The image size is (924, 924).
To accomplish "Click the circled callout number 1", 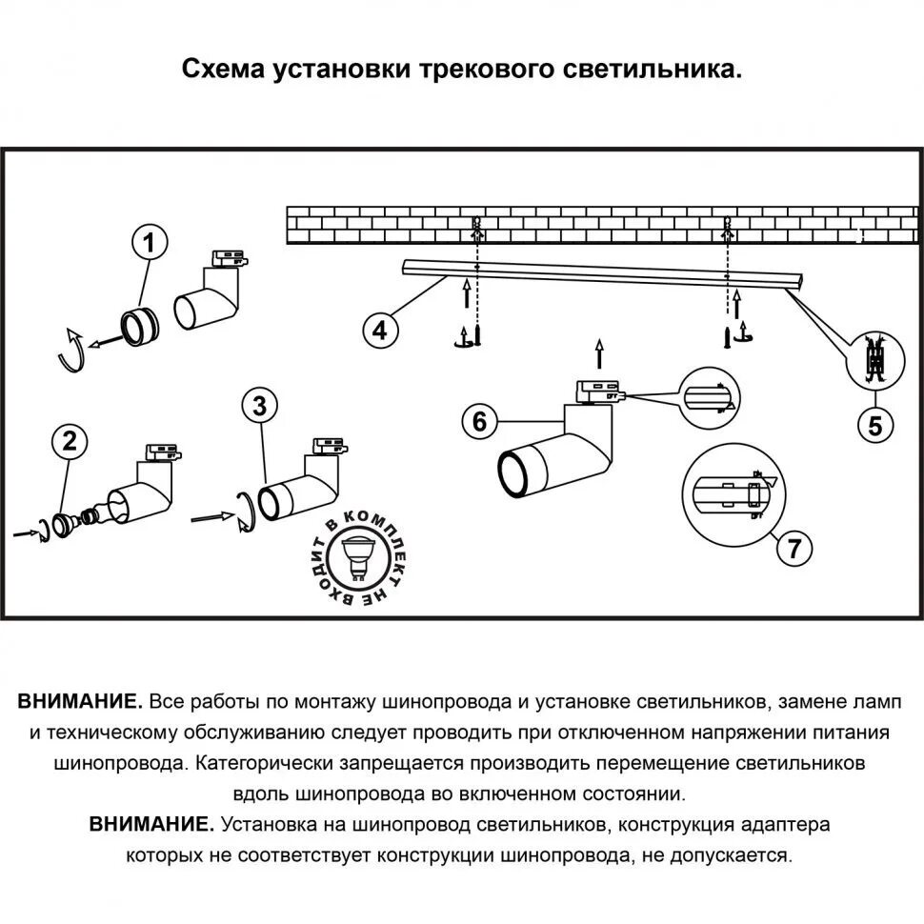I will tap(149, 244).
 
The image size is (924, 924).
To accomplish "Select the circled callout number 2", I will tap(69, 440).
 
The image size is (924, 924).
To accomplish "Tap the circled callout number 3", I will tap(259, 405).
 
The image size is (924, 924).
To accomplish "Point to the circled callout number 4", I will tap(379, 330).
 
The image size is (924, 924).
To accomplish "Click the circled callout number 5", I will tap(874, 426).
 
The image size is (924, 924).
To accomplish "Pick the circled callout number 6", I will tap(479, 420).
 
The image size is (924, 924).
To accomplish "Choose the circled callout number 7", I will tap(793, 547).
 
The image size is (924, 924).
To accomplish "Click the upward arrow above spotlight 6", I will tap(597, 352).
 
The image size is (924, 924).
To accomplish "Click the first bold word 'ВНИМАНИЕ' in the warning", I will tap(80, 702).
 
